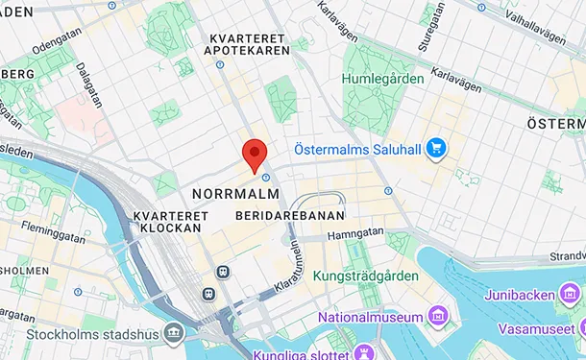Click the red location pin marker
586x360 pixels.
click(254, 154)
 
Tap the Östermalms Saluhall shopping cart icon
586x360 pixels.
click(436, 148)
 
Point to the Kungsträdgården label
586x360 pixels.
click(366, 276)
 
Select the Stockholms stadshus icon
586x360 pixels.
click(173, 333)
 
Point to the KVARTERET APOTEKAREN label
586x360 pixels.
click(250, 43)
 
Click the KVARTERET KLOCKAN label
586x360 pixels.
click(167, 222)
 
